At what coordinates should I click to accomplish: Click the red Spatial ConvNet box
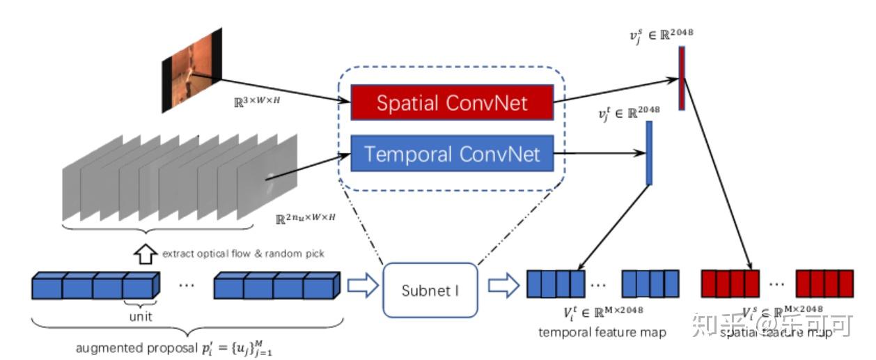point(453,103)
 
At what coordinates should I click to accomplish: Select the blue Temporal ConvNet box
point(453,153)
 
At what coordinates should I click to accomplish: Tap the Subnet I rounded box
point(430,290)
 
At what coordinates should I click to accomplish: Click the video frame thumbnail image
point(191,70)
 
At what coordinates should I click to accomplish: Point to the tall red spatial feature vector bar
point(682,78)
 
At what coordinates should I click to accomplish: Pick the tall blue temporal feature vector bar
point(649,153)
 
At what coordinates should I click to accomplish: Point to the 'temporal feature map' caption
point(602,333)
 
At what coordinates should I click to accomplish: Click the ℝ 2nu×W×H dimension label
point(306,217)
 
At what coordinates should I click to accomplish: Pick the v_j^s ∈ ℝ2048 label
point(661,32)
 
